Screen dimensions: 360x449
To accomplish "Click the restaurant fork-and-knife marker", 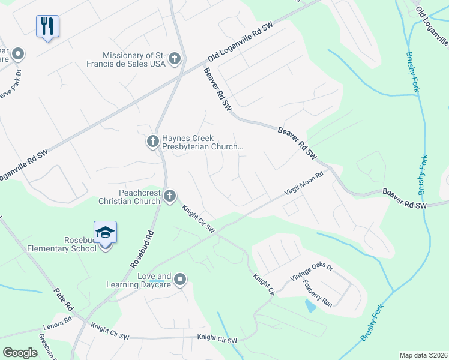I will tap(47, 26).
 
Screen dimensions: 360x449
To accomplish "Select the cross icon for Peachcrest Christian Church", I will tap(170, 195).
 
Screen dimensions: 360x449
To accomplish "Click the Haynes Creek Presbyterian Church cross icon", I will tap(152, 142).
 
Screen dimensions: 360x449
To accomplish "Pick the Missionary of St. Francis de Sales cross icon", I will tap(174, 58).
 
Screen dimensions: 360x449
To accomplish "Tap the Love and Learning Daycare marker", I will tap(180, 279).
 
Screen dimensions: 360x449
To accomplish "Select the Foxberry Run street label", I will tap(318, 293).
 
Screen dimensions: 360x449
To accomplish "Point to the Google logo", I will tap(20, 353).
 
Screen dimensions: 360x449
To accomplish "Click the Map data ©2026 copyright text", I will tap(424, 355).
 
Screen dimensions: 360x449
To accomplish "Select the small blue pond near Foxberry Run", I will tap(310, 306).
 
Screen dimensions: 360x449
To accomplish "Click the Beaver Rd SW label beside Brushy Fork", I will tap(404, 199).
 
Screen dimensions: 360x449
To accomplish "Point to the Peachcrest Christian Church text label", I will tap(130, 196).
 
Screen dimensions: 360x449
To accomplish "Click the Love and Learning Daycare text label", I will tap(139, 280).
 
